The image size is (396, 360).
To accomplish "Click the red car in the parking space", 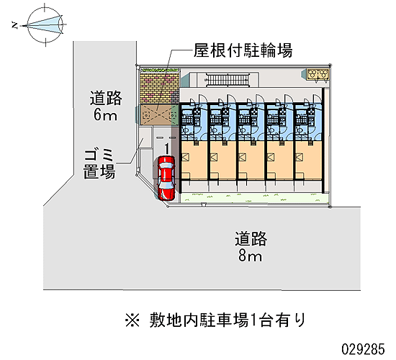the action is [166, 178].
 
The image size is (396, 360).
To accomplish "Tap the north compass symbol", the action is [45, 24].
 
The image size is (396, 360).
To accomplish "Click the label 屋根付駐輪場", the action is [243, 50].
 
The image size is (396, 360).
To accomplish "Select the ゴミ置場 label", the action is [99, 163].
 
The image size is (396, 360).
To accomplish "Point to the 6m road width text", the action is [106, 115].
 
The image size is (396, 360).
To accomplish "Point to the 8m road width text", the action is [251, 256].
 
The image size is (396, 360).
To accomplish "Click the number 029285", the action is [363, 349].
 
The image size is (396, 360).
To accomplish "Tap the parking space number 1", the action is [167, 148].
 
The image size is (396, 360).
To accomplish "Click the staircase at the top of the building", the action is [228, 80].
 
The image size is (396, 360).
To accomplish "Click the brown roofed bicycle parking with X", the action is [159, 115].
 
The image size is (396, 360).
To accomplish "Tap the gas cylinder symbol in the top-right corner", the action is [318, 74].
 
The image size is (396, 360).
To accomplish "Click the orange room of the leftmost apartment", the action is [194, 160].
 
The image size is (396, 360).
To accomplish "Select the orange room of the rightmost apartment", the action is [309, 160].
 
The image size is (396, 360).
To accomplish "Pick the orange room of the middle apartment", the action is [251, 160].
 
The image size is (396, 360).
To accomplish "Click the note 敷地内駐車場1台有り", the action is [228, 320].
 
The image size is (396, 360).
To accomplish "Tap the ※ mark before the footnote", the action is [132, 320].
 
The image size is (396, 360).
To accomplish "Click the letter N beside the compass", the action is [15, 25].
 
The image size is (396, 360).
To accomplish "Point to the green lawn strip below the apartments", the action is [255, 198].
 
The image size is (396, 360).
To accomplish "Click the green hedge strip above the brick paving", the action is [160, 69].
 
